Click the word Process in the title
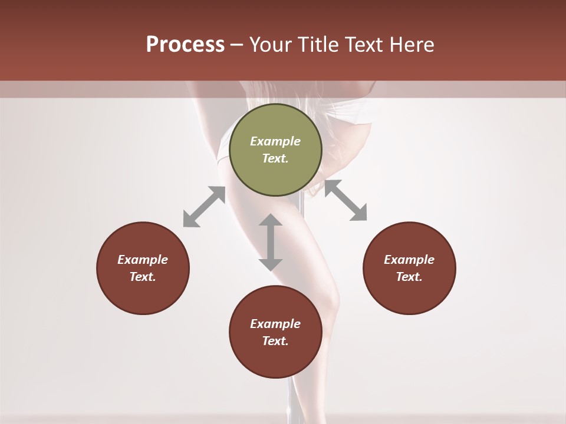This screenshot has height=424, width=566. (x=185, y=45)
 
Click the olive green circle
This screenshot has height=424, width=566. (x=275, y=150)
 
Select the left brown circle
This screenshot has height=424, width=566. (x=143, y=268)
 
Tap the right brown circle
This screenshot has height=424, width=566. (x=409, y=268)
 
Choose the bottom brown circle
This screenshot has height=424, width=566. (x=275, y=332)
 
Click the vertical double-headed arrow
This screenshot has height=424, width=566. (x=271, y=242)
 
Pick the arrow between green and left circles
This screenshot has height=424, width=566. (x=204, y=207)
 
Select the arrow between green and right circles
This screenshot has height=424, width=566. (x=345, y=200)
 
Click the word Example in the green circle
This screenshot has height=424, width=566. (x=275, y=141)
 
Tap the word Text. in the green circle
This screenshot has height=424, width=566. (x=275, y=158)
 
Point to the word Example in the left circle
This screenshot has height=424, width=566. (x=143, y=260)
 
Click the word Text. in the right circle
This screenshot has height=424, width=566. (x=409, y=277)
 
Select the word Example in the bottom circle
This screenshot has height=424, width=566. (x=275, y=324)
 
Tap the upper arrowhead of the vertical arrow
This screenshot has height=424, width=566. (x=271, y=221)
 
